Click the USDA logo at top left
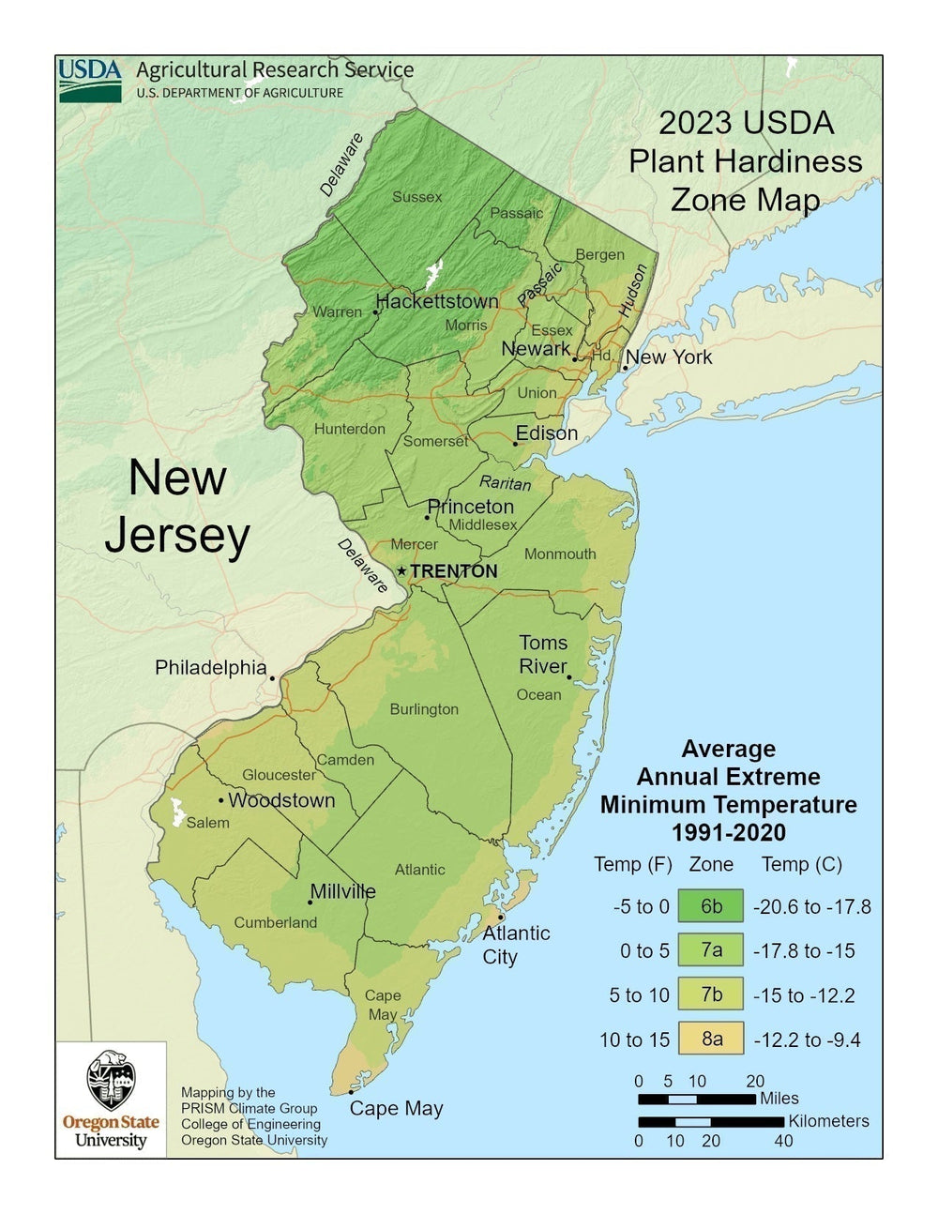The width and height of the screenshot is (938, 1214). [90, 80]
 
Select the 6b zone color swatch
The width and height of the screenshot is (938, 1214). [711, 906]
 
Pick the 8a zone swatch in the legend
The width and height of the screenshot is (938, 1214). [711, 1039]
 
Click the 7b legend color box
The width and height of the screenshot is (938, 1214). [711, 995]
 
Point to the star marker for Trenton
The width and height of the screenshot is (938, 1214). [402, 570]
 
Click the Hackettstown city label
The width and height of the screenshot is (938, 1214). [437, 301]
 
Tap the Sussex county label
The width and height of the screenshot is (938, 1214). [416, 197]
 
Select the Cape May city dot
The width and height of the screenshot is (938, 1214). [351, 1091]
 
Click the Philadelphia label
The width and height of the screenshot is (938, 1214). [210, 667]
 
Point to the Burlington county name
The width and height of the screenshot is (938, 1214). [424, 709]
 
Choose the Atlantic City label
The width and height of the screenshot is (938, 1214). [515, 945]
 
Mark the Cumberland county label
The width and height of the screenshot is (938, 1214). [276, 922]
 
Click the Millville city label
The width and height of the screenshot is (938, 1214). [342, 891]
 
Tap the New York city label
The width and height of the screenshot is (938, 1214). [669, 357]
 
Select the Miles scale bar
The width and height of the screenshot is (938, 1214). [696, 1099]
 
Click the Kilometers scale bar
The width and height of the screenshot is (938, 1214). [710, 1121]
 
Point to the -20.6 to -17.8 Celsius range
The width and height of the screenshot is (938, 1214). [811, 906]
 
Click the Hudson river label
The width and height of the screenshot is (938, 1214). [632, 290]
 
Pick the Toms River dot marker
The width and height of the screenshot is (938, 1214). [569, 676]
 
